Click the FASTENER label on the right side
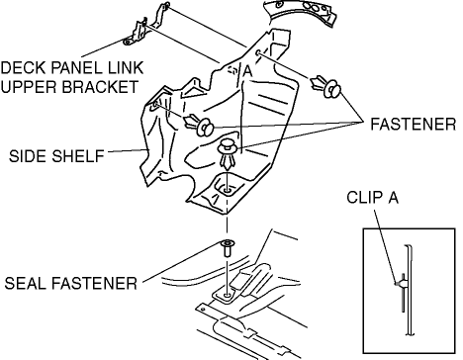tap(414, 125)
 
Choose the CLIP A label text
tap(372, 198)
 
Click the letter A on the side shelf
tap(247, 71)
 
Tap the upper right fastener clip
tap(325, 86)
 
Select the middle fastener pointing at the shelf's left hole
tap(199, 125)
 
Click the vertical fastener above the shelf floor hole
tap(227, 154)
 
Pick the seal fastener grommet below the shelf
tap(228, 248)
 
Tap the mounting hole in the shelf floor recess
tap(228, 191)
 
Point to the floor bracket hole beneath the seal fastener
tap(227, 295)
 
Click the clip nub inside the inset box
tap(400, 283)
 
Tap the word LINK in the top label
tap(125, 68)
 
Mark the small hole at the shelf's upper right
tap(259, 53)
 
